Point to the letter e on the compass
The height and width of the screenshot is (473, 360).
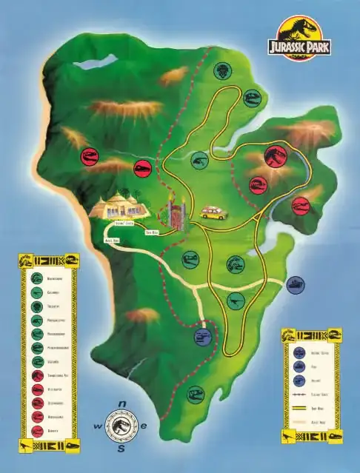tap(144, 426)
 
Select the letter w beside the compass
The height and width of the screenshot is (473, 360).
tap(97, 426)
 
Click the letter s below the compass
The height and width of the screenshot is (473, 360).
tap(121, 449)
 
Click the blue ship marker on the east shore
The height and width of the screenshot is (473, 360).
tap(295, 284)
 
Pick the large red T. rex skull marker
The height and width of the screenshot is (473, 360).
tap(276, 154)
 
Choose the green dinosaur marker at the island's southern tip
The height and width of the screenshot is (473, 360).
tap(195, 394)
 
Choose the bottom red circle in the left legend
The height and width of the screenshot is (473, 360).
tap(36, 429)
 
